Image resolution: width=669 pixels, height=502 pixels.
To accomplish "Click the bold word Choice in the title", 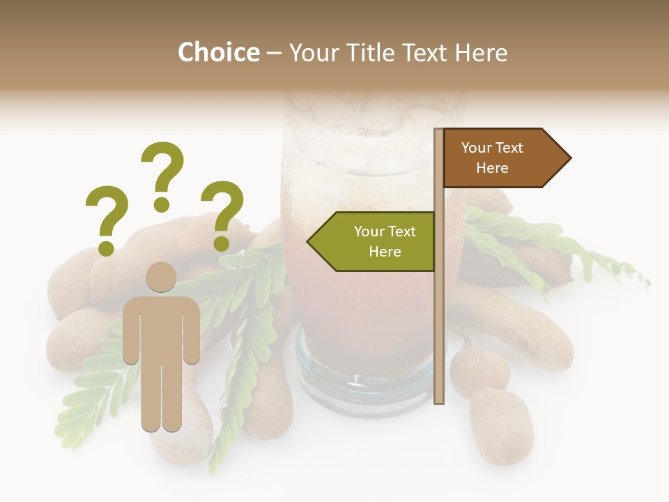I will pyautogui.click(x=218, y=52).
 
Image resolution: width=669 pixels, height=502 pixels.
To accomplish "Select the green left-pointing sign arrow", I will pyautogui.click(x=376, y=241).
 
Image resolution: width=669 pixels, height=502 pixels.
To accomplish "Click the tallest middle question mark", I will pyautogui.click(x=162, y=174).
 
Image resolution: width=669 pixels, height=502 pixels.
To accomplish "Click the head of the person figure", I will pyautogui.click(x=161, y=277).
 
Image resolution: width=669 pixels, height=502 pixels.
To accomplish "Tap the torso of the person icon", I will pyautogui.click(x=161, y=328).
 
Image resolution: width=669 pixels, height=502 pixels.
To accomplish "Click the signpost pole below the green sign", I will pyautogui.click(x=439, y=335).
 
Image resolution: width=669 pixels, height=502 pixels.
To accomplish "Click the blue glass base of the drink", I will pyautogui.click(x=362, y=380).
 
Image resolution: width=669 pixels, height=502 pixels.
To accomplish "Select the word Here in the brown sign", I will pyautogui.click(x=492, y=168).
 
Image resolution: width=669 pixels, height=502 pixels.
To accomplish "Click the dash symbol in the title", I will pyautogui.click(x=274, y=54).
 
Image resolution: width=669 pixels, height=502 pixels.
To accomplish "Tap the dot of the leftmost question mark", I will pyautogui.click(x=106, y=248).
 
